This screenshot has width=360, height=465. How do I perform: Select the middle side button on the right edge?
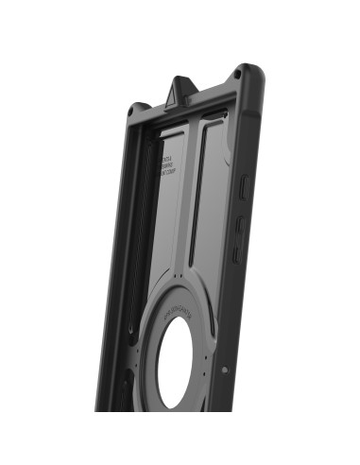pyautogui.click(x=241, y=225)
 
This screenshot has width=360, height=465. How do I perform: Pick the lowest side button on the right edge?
pyautogui.click(x=237, y=253)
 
